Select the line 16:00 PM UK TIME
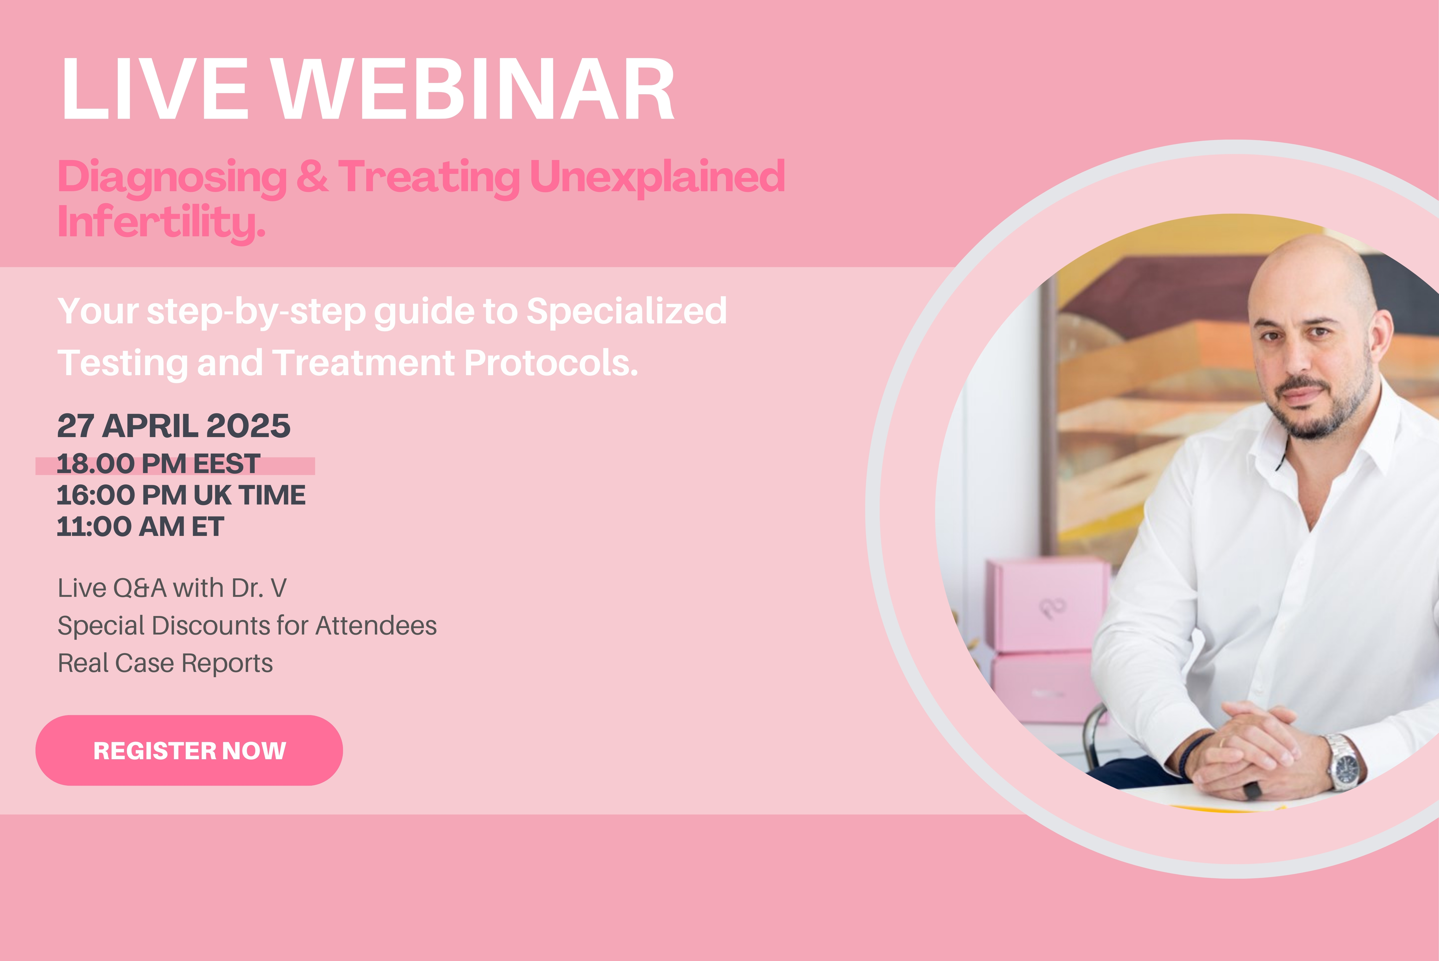pos(181,495)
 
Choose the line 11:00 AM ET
pos(140,527)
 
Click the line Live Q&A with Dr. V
pos(172,588)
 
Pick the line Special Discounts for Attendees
pos(247,626)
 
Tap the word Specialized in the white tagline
pos(627,311)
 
